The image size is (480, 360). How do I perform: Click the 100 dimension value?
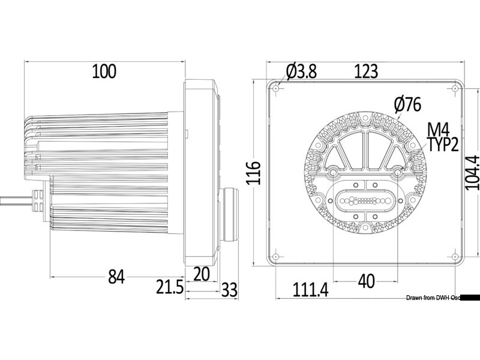(x=104, y=71)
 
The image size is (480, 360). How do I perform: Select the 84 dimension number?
(x=116, y=277)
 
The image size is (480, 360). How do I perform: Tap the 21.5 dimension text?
(x=170, y=287)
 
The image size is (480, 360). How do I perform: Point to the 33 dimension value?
(x=229, y=290)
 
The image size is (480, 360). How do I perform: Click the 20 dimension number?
(x=202, y=274)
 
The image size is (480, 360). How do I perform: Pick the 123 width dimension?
(x=366, y=71)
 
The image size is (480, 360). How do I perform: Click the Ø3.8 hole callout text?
(x=302, y=71)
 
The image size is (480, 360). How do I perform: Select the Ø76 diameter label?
(x=408, y=104)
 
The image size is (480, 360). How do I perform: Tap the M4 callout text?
(x=439, y=130)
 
